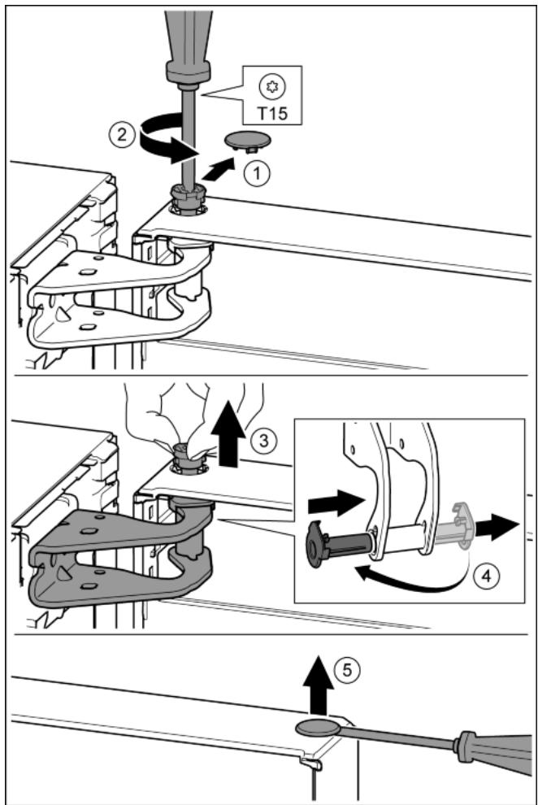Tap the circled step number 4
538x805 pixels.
[x=485, y=577]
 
